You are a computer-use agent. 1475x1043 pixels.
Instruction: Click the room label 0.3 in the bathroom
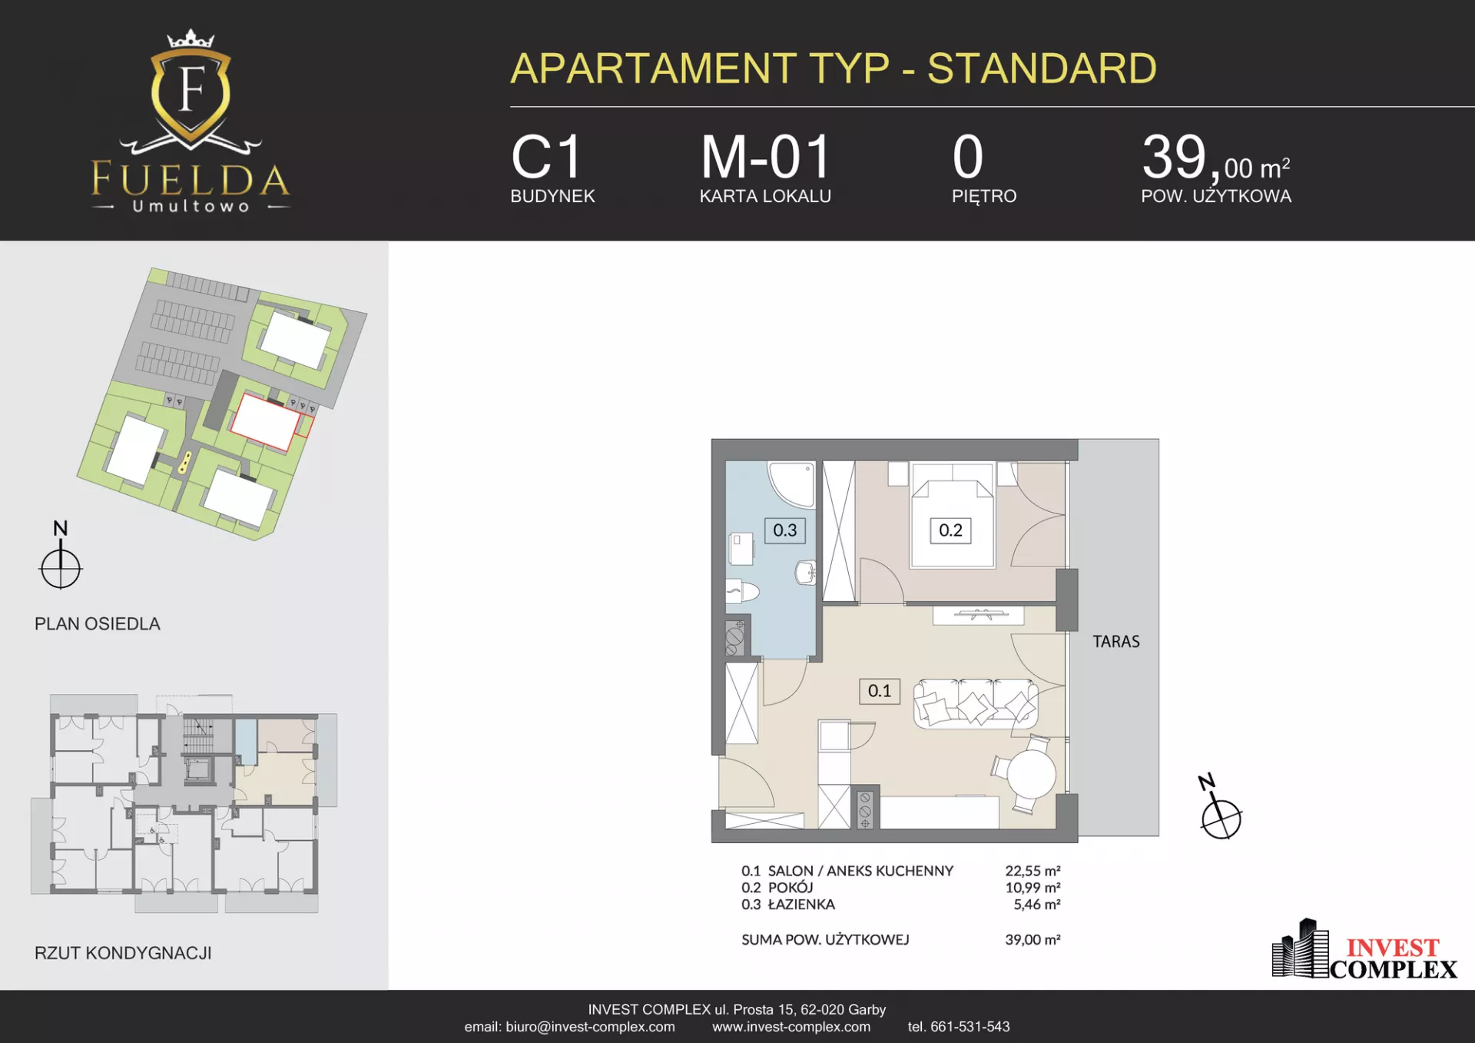tap(784, 530)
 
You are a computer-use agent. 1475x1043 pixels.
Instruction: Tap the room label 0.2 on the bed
tap(950, 530)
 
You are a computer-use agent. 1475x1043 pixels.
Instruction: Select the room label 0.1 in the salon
tap(879, 691)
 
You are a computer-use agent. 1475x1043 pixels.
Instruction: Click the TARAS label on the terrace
tap(1116, 641)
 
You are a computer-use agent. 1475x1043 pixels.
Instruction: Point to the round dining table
tap(1031, 774)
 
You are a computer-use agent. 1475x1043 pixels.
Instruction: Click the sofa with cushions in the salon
tap(976, 703)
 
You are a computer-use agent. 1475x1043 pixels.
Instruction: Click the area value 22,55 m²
tap(1032, 871)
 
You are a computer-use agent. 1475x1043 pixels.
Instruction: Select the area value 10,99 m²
tap(1032, 888)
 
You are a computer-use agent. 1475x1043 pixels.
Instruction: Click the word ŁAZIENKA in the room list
tap(801, 904)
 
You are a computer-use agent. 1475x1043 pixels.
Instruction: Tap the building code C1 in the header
tap(546, 158)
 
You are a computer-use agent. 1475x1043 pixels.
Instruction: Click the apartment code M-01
tap(765, 158)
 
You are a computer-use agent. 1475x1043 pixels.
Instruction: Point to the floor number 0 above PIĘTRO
tap(968, 158)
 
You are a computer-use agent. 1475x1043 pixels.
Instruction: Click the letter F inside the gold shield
tap(191, 89)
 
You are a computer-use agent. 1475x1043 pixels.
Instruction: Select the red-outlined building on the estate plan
tap(266, 421)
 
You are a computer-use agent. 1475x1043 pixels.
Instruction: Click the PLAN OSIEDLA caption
tap(98, 624)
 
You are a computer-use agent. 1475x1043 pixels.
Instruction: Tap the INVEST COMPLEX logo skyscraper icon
tap(1300, 948)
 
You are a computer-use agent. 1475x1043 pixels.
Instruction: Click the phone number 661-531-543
tap(970, 1027)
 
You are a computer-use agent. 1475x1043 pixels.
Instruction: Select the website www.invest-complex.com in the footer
tap(791, 1027)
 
